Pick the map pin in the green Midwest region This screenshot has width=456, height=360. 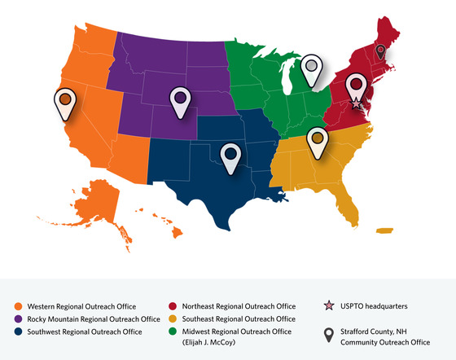coord(310,68)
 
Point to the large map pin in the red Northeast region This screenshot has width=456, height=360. coord(356,86)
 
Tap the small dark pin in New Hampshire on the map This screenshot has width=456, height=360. coord(380,53)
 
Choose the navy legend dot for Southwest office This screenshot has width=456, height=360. coord(17,331)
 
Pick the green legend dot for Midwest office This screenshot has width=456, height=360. coord(173,331)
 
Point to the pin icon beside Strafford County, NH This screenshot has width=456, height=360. coord(329,334)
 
